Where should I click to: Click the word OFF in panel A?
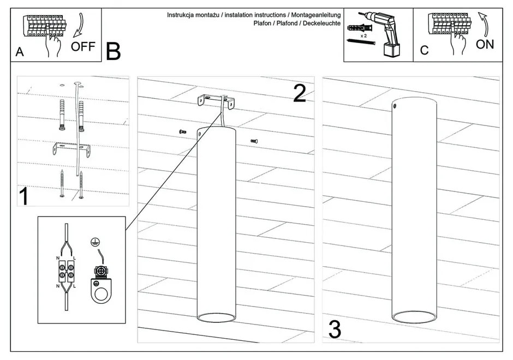click(x=83, y=46)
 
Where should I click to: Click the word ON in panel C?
click(x=485, y=45)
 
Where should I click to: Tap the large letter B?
click(x=114, y=52)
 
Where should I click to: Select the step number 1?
click(x=23, y=196)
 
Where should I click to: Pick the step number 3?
click(x=334, y=329)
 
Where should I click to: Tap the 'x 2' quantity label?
click(x=363, y=34)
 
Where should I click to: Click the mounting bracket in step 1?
click(x=71, y=148)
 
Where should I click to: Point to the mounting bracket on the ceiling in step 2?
click(x=217, y=102)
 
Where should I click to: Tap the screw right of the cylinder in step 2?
click(x=254, y=141)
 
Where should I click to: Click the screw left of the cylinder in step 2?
click(x=182, y=131)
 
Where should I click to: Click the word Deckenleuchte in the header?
click(x=321, y=23)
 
